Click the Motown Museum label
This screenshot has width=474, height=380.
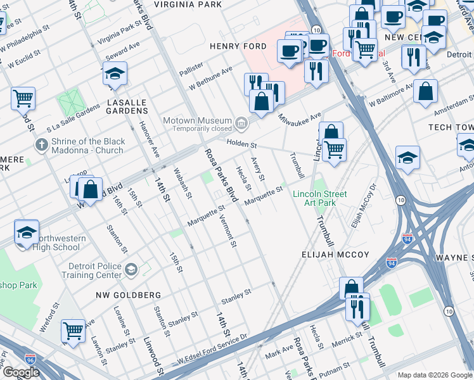pos(197,120)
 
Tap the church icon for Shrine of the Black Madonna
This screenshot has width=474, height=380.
pos(42,145)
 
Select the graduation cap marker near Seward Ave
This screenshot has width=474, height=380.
pos(115,74)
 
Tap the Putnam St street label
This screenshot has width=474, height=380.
pos(332,367)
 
